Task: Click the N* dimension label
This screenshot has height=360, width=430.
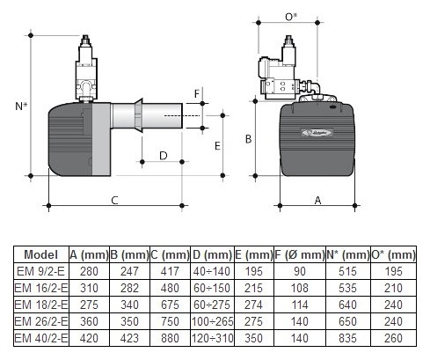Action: click(x=21, y=106)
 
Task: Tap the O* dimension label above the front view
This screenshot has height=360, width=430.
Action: click(x=291, y=17)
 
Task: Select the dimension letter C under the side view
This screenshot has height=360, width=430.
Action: click(x=114, y=200)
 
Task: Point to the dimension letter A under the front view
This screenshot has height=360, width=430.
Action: click(x=317, y=200)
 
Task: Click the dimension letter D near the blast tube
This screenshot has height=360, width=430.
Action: click(x=164, y=156)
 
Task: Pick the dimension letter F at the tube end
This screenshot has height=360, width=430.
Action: click(x=197, y=94)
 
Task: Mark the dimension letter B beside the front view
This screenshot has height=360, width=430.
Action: click(x=248, y=139)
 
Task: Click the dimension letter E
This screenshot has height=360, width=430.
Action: click(x=217, y=146)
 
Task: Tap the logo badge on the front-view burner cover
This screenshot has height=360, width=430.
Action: click(x=317, y=133)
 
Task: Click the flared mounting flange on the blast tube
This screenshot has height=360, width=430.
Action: click(x=139, y=115)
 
